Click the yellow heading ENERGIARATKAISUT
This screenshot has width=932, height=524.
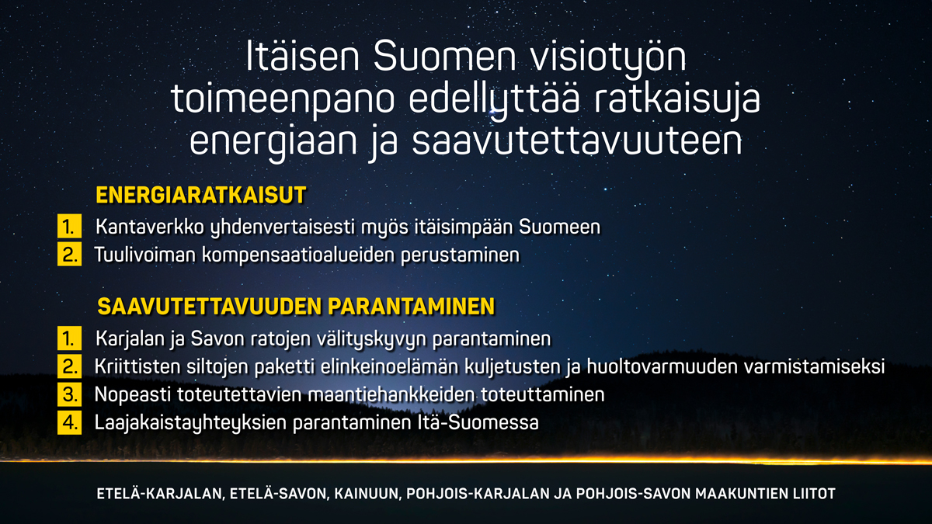(x=201, y=195)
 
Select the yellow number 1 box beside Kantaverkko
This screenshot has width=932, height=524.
(x=69, y=226)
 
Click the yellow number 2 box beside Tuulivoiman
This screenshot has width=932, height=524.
(x=69, y=254)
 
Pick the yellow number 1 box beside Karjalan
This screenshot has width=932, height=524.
(x=69, y=338)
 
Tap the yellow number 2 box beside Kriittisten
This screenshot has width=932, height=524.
(x=69, y=366)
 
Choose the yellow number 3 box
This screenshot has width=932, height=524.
(x=69, y=394)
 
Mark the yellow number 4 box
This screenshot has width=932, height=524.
(x=69, y=422)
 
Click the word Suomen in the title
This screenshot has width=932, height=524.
(x=445, y=56)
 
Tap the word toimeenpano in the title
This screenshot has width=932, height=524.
(x=283, y=101)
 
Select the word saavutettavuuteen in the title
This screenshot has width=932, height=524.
(x=577, y=141)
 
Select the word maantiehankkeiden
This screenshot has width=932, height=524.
(x=391, y=394)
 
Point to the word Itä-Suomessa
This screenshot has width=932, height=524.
(x=478, y=422)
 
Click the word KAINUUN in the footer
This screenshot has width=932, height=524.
(x=367, y=494)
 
